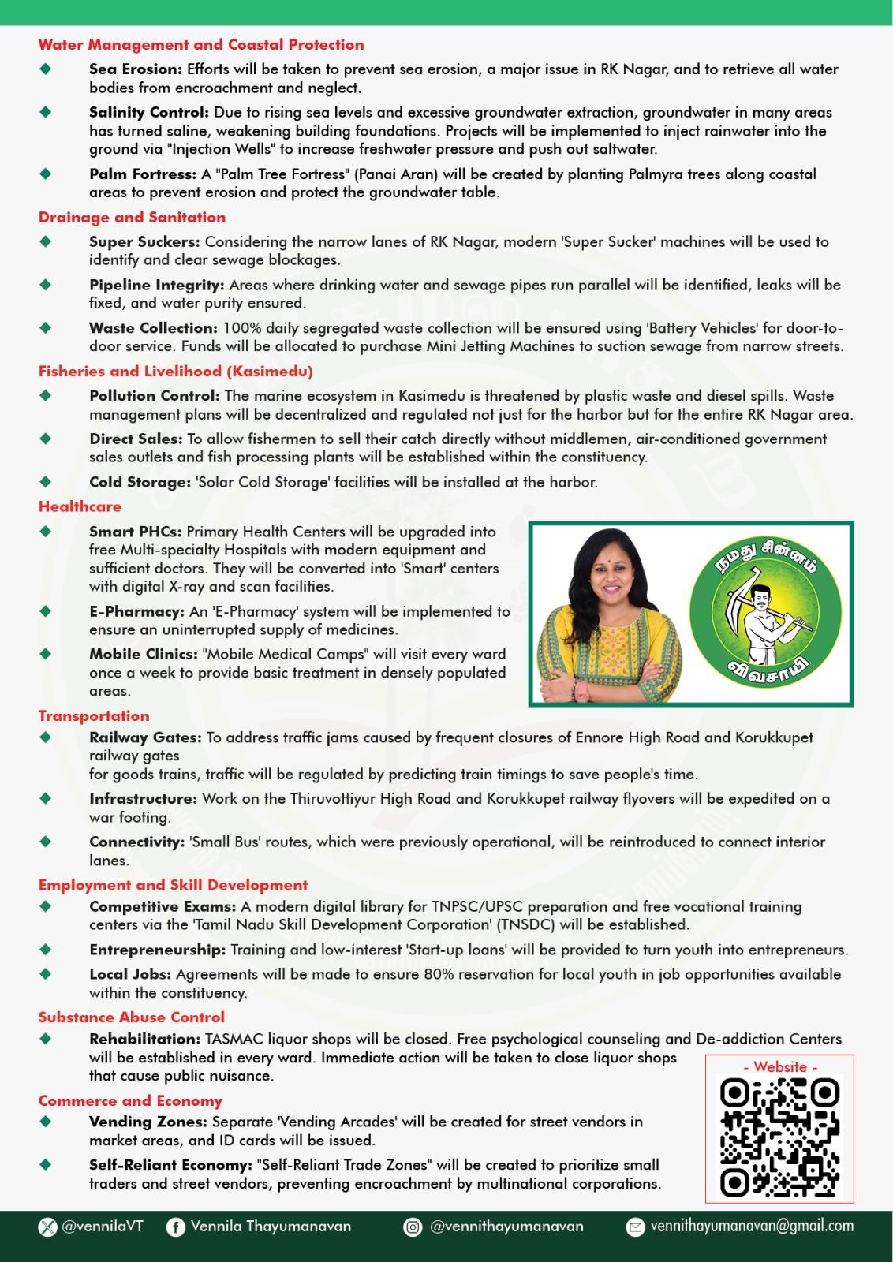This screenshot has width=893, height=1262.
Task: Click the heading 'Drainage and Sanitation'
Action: [x=132, y=217]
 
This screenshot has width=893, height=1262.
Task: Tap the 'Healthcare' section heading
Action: [x=80, y=506]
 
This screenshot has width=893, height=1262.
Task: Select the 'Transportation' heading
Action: [x=94, y=715]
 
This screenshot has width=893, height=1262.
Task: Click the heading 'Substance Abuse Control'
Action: [x=132, y=1017]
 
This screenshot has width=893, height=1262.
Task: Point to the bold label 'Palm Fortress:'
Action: [x=143, y=174]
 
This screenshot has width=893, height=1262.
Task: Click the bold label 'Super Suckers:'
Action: [x=144, y=241]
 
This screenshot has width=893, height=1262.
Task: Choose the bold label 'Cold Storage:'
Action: [x=140, y=481]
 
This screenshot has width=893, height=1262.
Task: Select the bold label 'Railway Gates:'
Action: [x=145, y=737]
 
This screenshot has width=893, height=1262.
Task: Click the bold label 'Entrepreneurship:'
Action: [x=157, y=950]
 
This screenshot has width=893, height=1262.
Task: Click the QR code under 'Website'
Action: [x=779, y=1137]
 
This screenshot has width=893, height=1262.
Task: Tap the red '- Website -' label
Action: [x=779, y=1066]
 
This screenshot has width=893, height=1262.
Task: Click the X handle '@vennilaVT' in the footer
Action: [x=102, y=1227]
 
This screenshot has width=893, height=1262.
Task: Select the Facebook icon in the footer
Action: [x=175, y=1227]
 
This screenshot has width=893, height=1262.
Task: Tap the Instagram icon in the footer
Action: [x=413, y=1227]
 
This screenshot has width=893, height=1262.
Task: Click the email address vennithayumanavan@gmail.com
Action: [x=751, y=1227]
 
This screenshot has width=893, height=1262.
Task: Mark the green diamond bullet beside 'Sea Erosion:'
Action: [x=46, y=69]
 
